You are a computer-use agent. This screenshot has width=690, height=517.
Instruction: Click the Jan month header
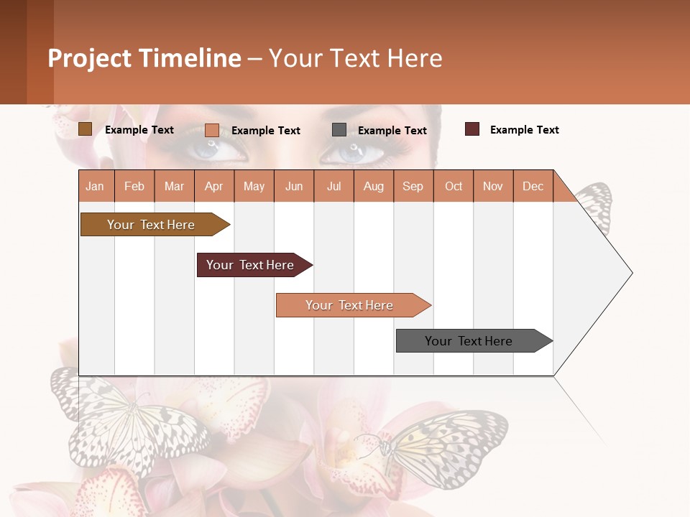coord(95,186)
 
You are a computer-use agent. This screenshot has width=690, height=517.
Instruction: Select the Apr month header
coord(213,186)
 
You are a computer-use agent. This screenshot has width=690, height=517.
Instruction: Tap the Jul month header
coord(333,186)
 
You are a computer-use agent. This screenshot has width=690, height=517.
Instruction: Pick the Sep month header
coord(413,186)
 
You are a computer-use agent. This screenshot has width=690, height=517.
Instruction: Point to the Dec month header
coord(533,186)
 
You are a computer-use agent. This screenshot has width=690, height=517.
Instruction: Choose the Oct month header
coord(454,186)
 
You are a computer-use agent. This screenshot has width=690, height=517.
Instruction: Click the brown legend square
coord(85,129)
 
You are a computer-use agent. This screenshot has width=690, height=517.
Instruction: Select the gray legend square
coord(339,130)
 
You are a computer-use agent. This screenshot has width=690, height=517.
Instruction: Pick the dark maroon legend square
coord(472,129)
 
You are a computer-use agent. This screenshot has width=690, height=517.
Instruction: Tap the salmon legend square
coord(212,130)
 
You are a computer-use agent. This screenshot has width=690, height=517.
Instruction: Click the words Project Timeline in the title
coord(144,58)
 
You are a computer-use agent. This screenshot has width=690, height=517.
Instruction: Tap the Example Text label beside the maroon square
coord(524,130)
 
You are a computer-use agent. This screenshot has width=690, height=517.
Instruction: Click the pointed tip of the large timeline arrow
coord(630,273)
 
